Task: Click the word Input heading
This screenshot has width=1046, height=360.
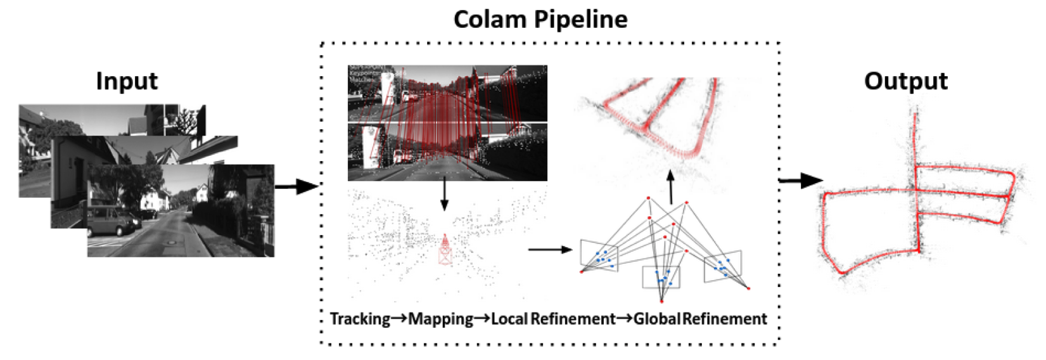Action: (x=127, y=81)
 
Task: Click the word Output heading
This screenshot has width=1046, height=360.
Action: (x=905, y=81)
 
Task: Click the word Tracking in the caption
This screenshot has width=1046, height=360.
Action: (x=360, y=318)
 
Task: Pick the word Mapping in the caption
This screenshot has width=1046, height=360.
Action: (x=440, y=319)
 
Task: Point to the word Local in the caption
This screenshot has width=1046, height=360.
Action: (x=509, y=318)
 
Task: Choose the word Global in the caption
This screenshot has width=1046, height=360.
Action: (x=656, y=318)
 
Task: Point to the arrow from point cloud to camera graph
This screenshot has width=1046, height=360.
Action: (x=550, y=250)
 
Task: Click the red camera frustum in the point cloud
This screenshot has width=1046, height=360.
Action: (x=445, y=250)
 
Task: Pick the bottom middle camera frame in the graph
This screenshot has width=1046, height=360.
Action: (x=661, y=277)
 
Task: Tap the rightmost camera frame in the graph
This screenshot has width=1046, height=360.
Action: (x=722, y=267)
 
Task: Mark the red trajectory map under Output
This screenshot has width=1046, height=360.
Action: (x=919, y=196)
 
